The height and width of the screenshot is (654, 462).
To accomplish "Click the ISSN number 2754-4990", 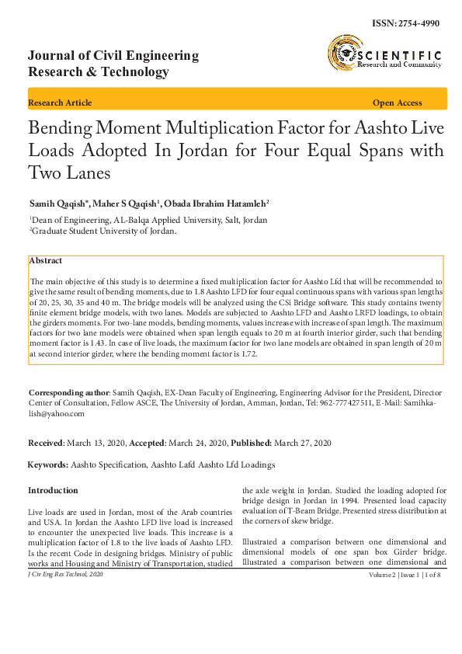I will (x=420, y=23).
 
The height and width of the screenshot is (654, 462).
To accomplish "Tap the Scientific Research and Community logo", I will (x=384, y=56).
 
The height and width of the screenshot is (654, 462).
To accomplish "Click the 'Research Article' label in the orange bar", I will (x=60, y=103).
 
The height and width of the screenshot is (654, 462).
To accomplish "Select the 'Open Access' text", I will (x=398, y=103).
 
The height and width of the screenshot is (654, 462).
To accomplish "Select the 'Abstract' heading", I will (x=46, y=261).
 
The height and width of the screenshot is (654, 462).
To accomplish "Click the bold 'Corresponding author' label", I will (x=68, y=395).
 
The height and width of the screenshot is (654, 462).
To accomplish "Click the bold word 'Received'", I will (x=45, y=442).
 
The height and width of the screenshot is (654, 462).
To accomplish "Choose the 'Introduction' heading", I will (x=53, y=491).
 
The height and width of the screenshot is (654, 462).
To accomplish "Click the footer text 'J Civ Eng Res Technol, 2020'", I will (x=64, y=574).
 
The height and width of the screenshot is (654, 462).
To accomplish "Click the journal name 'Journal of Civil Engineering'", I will (x=113, y=56).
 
